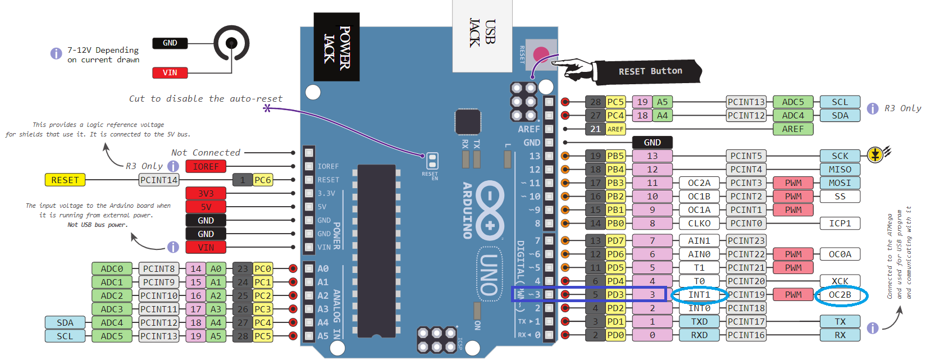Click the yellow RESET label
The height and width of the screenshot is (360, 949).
(65, 180)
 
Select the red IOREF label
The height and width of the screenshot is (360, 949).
(206, 167)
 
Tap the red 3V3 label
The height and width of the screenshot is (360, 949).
(206, 194)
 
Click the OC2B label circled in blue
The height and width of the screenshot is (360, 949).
(840, 295)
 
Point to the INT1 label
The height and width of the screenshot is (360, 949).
(699, 295)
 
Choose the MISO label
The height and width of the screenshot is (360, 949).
(840, 170)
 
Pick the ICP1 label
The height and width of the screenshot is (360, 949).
(840, 224)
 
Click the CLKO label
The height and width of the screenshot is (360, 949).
(699, 224)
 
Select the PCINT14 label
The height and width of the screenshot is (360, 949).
(159, 180)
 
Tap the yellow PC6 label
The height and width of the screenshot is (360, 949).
(263, 180)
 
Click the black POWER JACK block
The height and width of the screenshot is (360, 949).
(336, 47)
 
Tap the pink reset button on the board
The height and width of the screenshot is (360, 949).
(541, 54)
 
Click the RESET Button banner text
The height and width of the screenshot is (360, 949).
(650, 71)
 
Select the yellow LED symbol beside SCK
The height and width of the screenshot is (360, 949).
(875, 154)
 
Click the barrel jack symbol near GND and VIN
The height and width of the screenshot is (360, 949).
(231, 43)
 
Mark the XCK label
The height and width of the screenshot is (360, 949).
(840, 281)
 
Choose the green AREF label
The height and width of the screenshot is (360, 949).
(793, 129)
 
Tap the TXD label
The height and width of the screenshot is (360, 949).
(699, 322)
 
